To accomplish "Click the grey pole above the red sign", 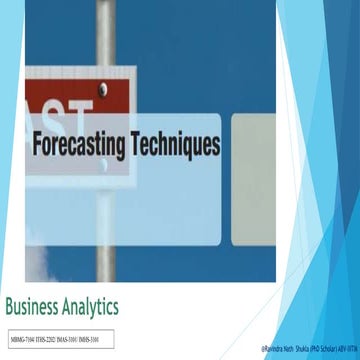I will tap(112, 30).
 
